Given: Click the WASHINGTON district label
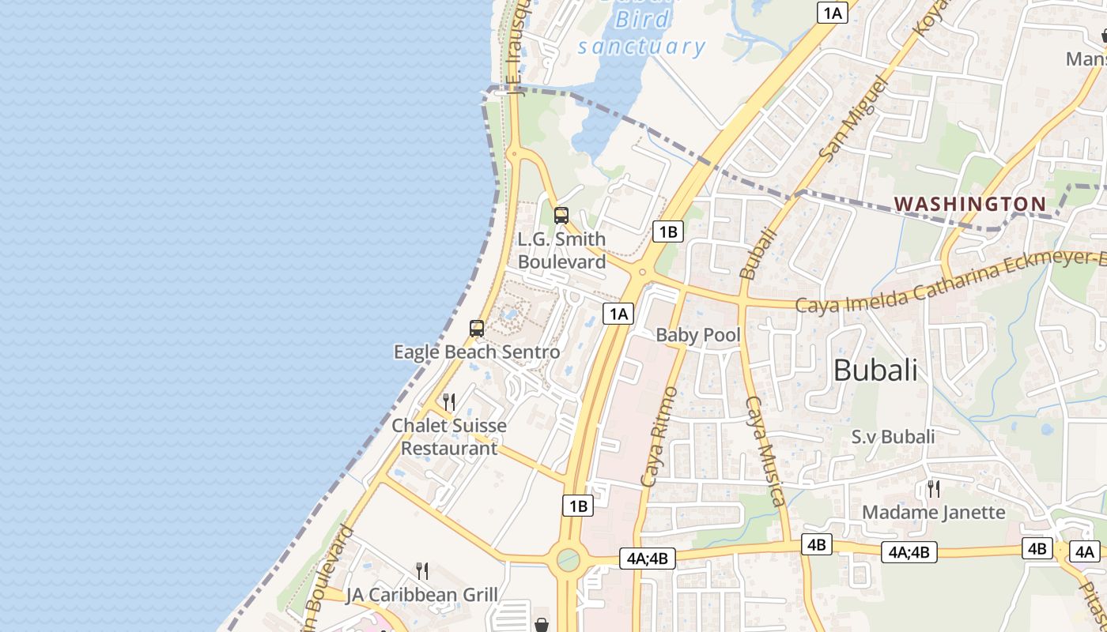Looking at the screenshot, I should (970, 204).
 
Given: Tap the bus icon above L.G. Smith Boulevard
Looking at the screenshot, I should (561, 215).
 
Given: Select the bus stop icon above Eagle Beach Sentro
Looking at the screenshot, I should (476, 329).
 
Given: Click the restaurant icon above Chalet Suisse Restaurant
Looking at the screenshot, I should (449, 402).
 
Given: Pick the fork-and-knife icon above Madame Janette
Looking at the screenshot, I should (934, 489).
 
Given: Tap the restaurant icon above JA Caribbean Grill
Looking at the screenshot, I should (422, 571).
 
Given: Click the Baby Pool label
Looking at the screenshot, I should (698, 335).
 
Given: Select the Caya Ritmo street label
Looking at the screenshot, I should (659, 436).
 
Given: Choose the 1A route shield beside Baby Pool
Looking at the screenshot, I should (618, 314).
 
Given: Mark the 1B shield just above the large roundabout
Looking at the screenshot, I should (578, 506).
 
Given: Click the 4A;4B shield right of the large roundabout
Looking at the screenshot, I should (648, 559).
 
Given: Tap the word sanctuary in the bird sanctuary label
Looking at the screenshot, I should (641, 47).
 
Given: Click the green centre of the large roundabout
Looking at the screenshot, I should (568, 560).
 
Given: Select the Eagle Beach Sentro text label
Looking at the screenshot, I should (477, 352).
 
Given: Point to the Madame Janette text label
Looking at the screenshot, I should (933, 512).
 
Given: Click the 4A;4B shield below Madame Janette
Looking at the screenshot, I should (909, 552).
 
